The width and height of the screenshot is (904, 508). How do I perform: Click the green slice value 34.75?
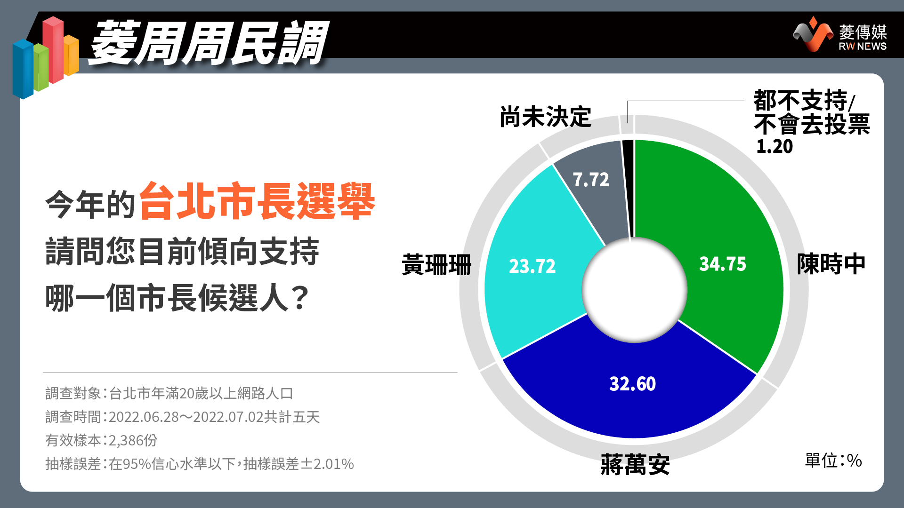pos(723,264)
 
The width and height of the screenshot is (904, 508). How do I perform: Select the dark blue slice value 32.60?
pos(632,384)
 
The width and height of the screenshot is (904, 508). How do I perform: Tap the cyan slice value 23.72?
pos(533,266)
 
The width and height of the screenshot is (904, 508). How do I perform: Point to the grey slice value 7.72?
pos(591,180)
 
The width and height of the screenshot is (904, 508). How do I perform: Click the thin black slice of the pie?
pos(629,188)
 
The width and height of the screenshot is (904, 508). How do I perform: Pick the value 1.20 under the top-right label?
pos(775,146)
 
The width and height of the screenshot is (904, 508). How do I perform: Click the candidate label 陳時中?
pos(831,264)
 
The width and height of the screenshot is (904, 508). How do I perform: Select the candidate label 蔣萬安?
pos(635,465)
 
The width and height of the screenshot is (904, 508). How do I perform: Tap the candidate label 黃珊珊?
pos(436,264)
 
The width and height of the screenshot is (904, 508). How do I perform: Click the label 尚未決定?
pos(545,117)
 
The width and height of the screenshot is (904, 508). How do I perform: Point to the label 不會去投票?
pos(812,125)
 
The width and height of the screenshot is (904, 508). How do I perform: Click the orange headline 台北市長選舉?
pos(257,201)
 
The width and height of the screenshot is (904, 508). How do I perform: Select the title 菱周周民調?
pos(208,43)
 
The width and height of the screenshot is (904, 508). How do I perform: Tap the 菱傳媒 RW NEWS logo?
pos(840,34)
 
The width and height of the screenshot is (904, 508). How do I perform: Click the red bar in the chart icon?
pos(53,50)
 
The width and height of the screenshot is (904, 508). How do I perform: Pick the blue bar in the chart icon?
pos(23,69)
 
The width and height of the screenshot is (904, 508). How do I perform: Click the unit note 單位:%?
pos(833,460)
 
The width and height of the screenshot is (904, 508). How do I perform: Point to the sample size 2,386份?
pos(133,440)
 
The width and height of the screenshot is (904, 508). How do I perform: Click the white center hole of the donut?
pos(634,290)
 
